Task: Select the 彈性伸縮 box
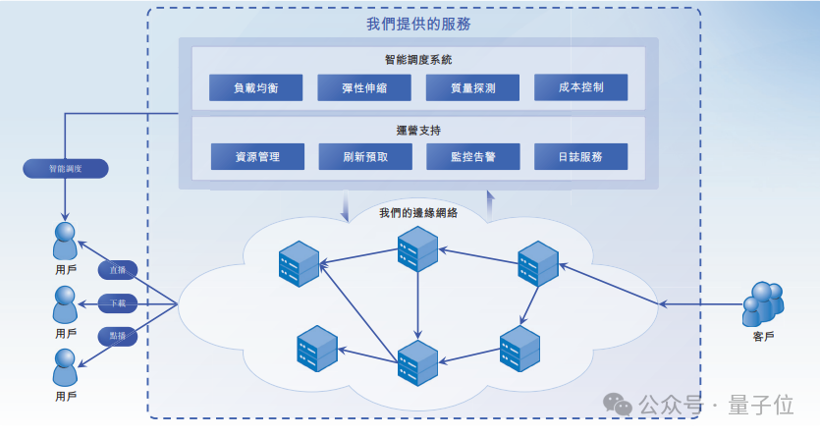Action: click(364, 87)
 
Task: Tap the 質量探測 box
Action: click(472, 87)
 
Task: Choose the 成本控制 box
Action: click(580, 87)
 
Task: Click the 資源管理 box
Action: click(257, 156)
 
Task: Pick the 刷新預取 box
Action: click(365, 156)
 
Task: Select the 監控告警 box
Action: click(473, 156)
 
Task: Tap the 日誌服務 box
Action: click(580, 156)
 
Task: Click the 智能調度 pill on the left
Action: click(66, 168)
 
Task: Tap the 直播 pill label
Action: click(119, 269)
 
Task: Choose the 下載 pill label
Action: click(119, 302)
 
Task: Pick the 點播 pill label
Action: click(119, 336)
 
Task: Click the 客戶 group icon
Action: click(763, 303)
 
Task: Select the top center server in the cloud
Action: click(416, 248)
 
